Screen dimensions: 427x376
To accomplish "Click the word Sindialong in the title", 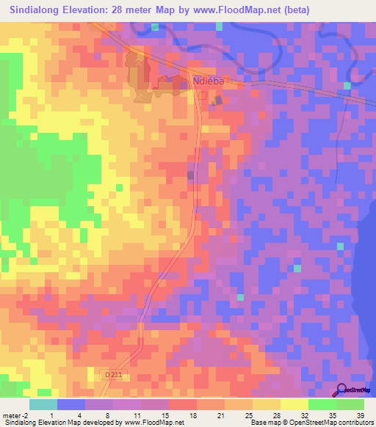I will [x=36, y=10].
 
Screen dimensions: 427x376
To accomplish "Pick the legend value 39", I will [x=359, y=415].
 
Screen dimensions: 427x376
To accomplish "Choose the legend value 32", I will [x=305, y=415].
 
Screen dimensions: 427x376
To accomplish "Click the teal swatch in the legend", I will [x=43, y=404].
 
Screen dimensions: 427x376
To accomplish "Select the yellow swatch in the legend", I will [x=294, y=404].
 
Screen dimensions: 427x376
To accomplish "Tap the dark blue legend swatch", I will [x=70, y=404].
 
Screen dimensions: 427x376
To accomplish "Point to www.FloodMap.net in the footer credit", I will [x=154, y=423].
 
